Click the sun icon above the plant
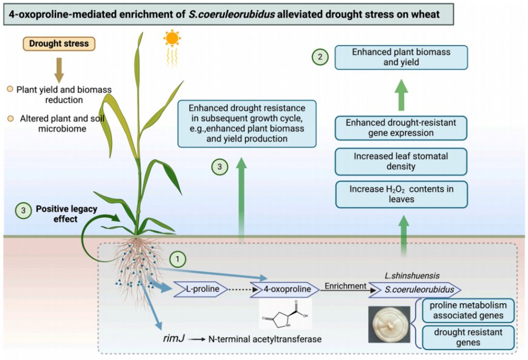[x=171, y=38]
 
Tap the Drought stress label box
[x=59, y=44]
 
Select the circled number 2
[x=320, y=57]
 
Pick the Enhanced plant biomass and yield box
[x=401, y=57]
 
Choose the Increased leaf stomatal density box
[x=401, y=161]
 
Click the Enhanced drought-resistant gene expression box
[x=401, y=128]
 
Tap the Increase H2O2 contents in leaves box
[x=401, y=194]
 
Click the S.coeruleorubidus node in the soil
[x=416, y=289]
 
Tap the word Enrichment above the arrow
[x=345, y=286]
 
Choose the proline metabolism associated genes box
[x=468, y=310]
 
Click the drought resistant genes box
[x=468, y=337]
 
